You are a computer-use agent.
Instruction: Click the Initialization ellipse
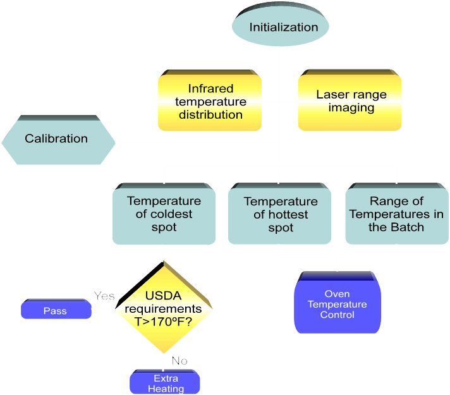click(x=284, y=27)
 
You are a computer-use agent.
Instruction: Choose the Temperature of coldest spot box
click(x=163, y=215)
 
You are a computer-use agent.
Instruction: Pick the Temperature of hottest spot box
click(x=281, y=215)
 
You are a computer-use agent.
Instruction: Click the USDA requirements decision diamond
click(x=164, y=308)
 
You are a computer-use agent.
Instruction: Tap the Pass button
click(x=56, y=311)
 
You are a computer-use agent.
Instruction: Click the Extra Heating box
click(x=164, y=383)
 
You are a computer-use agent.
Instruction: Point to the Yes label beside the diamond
click(x=104, y=296)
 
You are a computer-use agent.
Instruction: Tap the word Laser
click(x=331, y=95)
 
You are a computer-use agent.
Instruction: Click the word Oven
click(x=337, y=294)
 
